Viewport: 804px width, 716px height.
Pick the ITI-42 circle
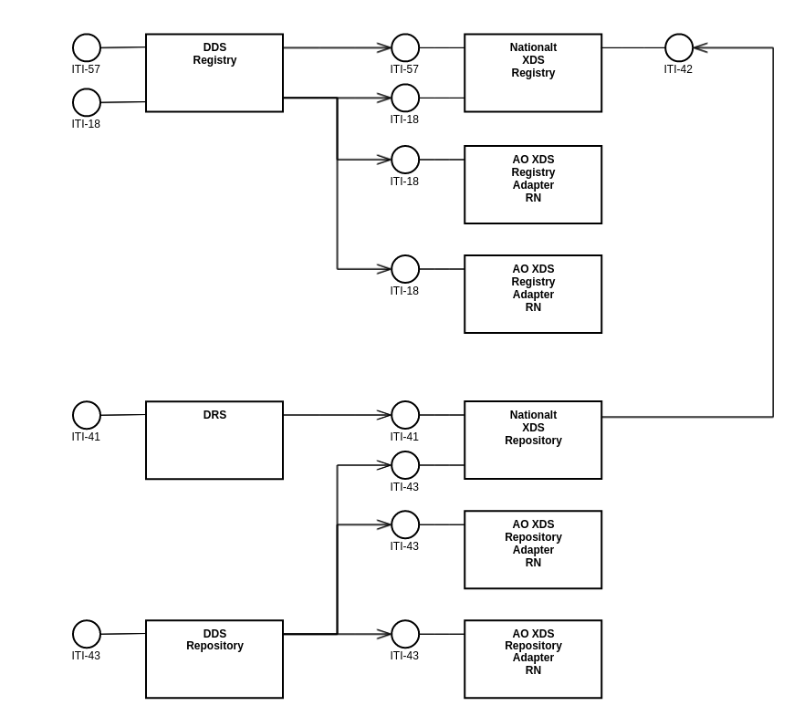pos(678,47)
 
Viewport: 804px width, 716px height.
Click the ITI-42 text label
pos(678,69)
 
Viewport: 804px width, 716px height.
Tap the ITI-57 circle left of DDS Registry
pos(87,47)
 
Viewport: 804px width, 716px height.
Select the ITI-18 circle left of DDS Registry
pos(87,102)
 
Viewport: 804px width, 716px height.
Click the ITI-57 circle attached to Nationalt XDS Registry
pos(405,47)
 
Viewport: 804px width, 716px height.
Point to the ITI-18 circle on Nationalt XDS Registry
pos(405,98)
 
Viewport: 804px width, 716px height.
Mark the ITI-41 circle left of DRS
pos(87,415)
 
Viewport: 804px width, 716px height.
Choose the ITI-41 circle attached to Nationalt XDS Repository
pos(405,415)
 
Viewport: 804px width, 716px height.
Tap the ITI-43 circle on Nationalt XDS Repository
pos(405,465)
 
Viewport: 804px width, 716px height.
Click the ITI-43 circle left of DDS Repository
pos(87,634)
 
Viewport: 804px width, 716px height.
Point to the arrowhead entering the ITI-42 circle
pos(700,47)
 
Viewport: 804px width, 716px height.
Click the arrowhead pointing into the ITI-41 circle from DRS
pos(384,415)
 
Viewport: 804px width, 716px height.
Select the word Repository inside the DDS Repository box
pos(214,646)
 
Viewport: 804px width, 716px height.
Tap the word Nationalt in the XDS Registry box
pos(533,47)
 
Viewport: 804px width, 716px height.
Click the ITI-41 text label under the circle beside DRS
pos(87,437)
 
